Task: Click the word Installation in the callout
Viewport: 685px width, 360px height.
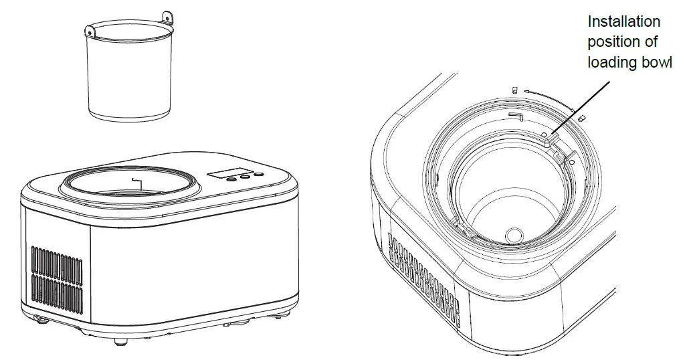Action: [x=623, y=22]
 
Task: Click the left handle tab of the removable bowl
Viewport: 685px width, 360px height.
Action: [x=89, y=29]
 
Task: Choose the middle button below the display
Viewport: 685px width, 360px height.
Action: [x=244, y=177]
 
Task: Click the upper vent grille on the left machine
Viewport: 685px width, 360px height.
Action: [x=56, y=260]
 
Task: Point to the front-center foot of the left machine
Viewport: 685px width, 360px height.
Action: [x=120, y=341]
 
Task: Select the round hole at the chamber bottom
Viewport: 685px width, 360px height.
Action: [x=514, y=234]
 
